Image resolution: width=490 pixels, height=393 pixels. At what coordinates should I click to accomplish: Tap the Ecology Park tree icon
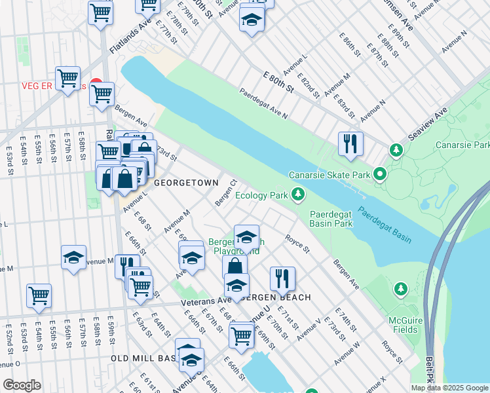pyautogui.click(x=298, y=195)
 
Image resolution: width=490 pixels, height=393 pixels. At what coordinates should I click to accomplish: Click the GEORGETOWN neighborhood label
pyautogui.click(x=181, y=185)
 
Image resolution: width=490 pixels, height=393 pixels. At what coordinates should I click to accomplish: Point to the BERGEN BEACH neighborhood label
pyautogui.click(x=276, y=297)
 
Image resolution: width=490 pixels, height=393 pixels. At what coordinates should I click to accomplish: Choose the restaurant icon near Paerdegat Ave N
pyautogui.click(x=350, y=144)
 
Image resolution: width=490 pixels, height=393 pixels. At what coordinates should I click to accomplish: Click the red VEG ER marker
pyautogui.click(x=96, y=86)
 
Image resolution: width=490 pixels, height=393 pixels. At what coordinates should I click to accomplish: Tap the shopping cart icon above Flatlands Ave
pyautogui.click(x=100, y=12)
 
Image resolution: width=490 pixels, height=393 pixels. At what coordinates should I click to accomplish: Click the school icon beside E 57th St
pyautogui.click(x=73, y=257)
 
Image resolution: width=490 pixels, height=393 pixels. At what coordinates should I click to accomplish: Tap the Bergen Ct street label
pyautogui.click(x=225, y=191)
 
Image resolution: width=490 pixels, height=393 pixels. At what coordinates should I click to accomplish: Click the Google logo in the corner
pyautogui.click(x=22, y=385)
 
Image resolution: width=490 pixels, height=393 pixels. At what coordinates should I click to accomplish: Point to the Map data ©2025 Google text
pyautogui.click(x=449, y=388)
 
